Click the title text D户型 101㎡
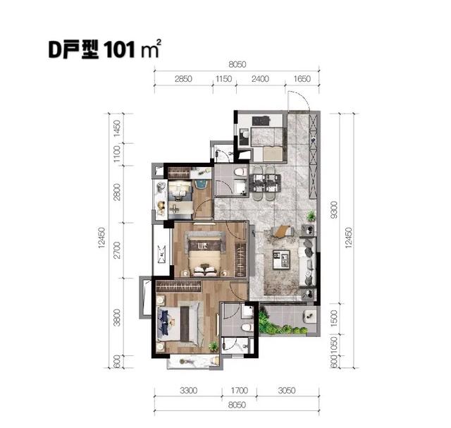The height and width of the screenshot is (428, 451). coord(104,49)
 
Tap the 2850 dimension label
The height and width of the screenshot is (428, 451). coord(183,79)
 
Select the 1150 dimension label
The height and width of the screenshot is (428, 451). coord(224,79)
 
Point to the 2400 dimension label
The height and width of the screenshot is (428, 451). coord(260,79)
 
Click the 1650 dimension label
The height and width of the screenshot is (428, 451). coord(302,79)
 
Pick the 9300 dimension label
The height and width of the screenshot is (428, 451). coord(334,210)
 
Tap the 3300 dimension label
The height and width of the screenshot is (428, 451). coord(189,391)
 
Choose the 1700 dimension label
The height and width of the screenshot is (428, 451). coord(240,391)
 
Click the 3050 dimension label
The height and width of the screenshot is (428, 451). coord(287,391)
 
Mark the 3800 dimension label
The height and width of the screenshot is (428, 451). coord(117,317)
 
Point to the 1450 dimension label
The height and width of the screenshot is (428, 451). coord(117,128)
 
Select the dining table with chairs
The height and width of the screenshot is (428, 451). coord(265,183)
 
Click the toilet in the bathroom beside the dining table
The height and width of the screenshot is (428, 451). coord(241,172)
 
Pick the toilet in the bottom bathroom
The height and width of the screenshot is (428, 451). coord(247,327)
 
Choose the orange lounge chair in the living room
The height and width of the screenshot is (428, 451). coord(283,231)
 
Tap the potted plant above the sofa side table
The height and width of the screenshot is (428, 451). coord(311,216)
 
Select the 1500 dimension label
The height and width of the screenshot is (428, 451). coord(334,318)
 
